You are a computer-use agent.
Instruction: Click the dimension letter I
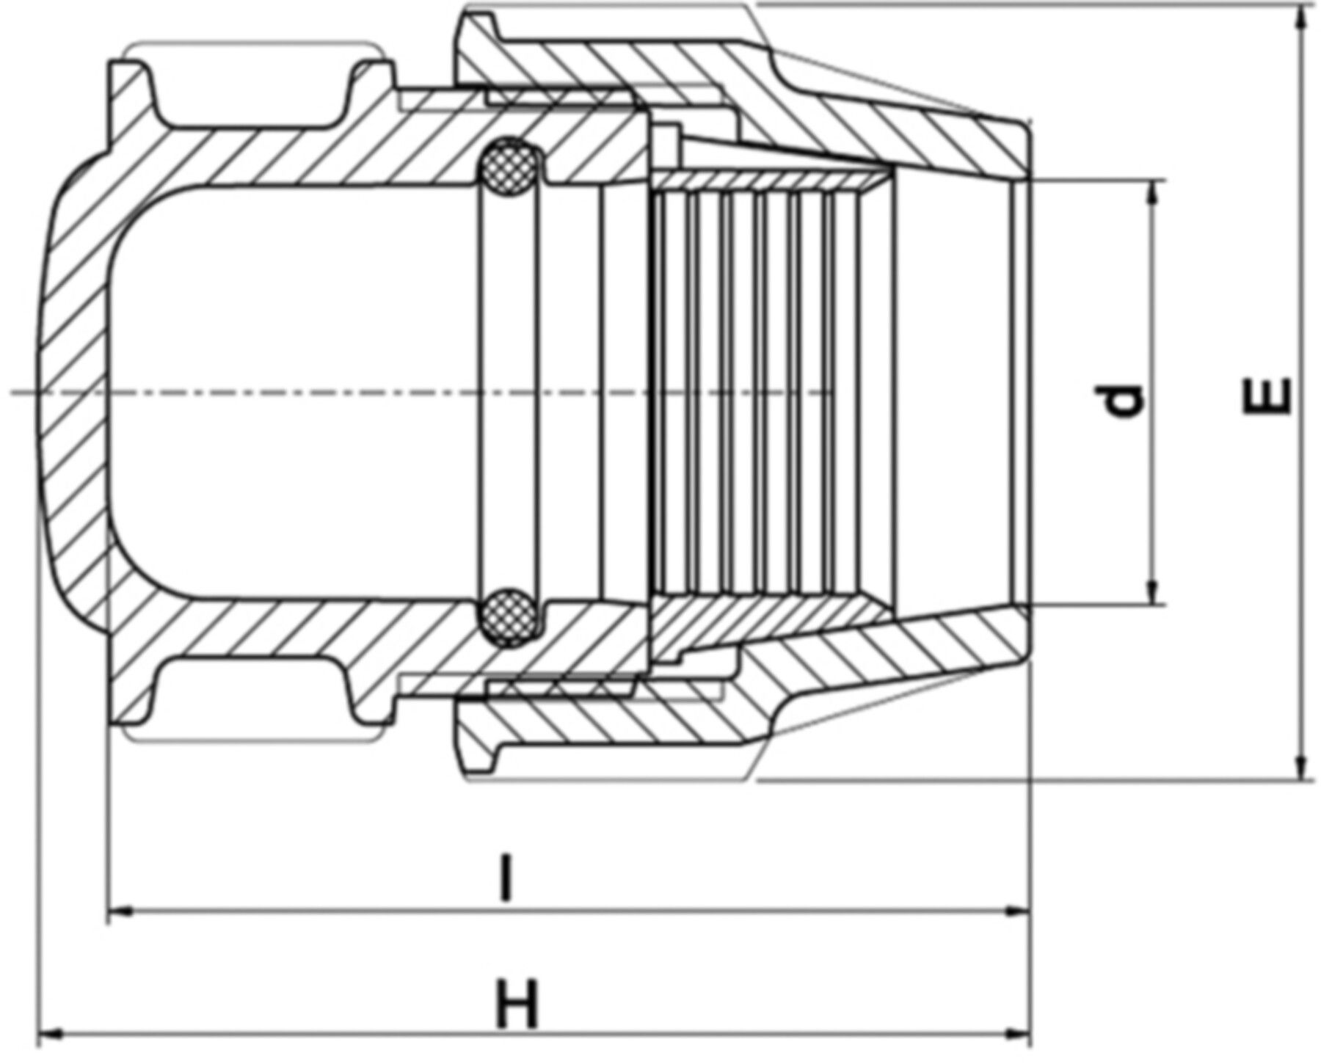pos(503,876)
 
